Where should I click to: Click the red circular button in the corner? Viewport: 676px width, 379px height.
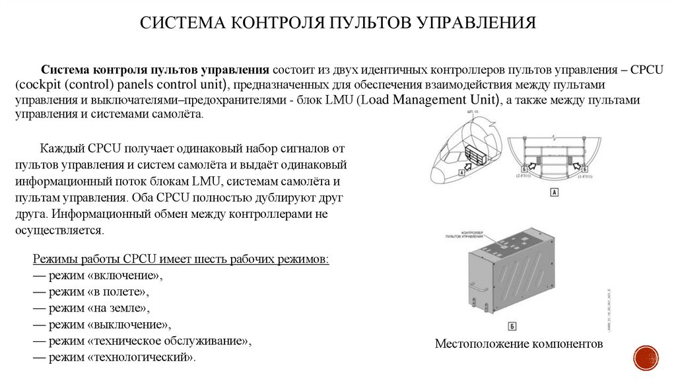click(x=646, y=357)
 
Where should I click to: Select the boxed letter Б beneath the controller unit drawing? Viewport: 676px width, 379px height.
click(x=512, y=326)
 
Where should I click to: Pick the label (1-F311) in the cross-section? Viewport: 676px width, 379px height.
click(x=586, y=178)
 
